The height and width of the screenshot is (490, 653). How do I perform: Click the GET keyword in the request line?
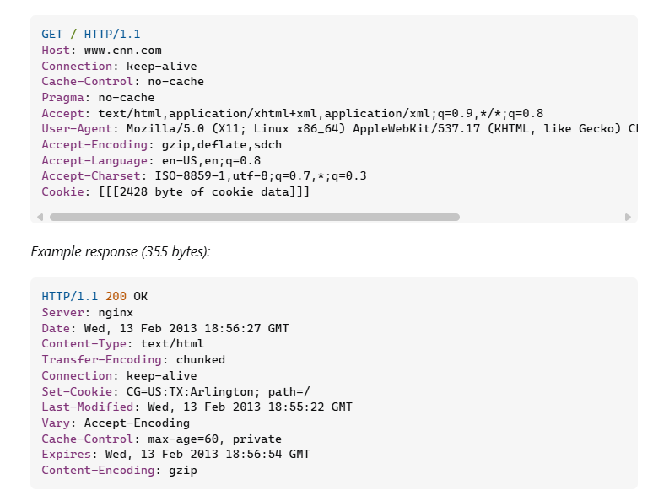[52, 35]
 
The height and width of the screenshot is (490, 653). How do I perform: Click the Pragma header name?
[62, 98]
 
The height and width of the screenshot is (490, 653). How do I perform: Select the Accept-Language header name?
[94, 160]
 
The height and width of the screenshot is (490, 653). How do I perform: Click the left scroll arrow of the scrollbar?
[40, 217]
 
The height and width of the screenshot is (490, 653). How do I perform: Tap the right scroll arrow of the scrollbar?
[628, 217]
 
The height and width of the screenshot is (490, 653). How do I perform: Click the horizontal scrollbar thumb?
[253, 217]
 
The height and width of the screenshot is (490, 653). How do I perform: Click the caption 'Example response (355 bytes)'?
[120, 251]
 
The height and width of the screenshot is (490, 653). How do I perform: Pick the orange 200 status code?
[116, 297]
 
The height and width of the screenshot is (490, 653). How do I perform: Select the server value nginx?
[116, 313]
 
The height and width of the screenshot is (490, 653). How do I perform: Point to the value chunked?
[201, 360]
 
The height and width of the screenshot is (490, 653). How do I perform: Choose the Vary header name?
[56, 423]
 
